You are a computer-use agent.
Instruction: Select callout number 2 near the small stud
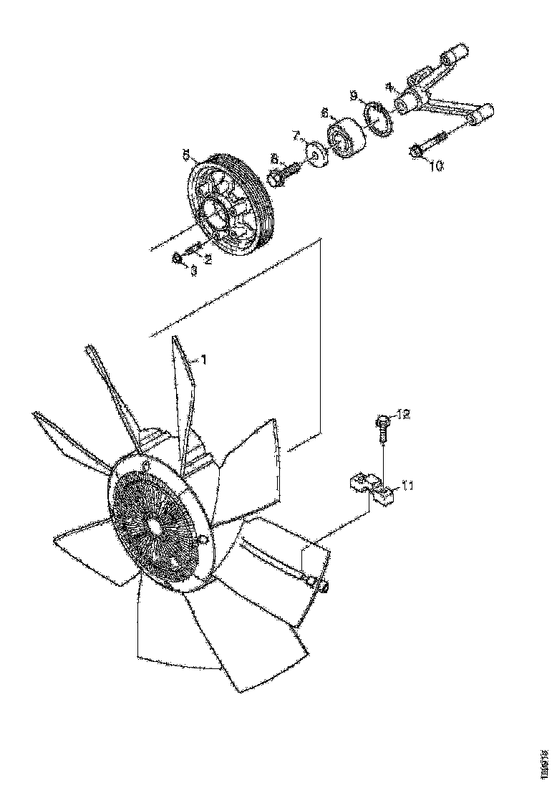(208, 260)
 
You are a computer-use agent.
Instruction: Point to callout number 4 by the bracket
(389, 87)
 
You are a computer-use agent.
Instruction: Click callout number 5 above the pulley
(185, 154)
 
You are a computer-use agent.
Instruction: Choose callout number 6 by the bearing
(324, 113)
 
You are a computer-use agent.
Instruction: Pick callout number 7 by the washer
(295, 135)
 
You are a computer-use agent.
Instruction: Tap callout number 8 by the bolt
(273, 158)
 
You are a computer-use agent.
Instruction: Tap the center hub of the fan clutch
(153, 524)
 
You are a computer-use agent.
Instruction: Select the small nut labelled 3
(178, 257)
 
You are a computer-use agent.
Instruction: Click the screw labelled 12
(384, 428)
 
